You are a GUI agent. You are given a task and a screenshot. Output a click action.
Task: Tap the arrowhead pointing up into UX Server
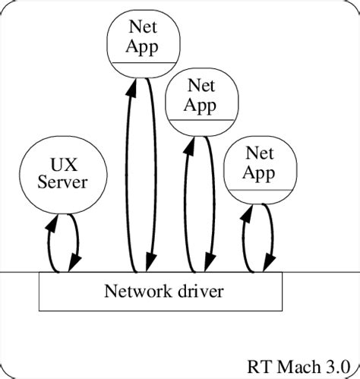(x=52, y=220)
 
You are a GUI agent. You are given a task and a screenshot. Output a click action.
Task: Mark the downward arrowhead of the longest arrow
(x=153, y=262)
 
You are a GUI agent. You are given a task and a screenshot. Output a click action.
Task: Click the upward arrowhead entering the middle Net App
(x=188, y=143)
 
